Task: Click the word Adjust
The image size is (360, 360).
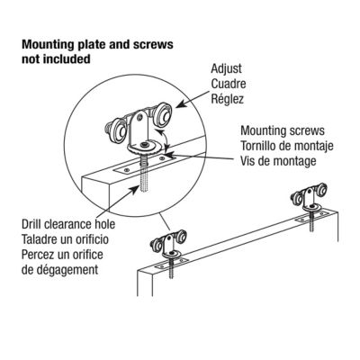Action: point(226,67)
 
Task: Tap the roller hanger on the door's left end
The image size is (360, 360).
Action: point(162,247)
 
